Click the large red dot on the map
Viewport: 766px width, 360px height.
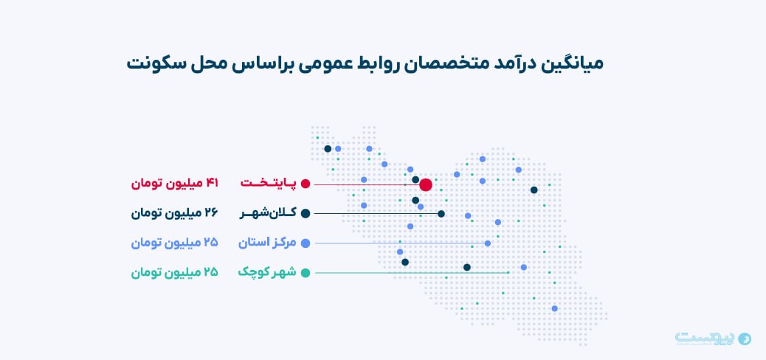pyautogui.click(x=426, y=184)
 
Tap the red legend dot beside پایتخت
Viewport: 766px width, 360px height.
pyautogui.click(x=306, y=184)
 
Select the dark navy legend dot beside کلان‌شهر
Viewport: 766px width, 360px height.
pyautogui.click(x=306, y=213)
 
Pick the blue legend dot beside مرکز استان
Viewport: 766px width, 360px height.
pyautogui.click(x=306, y=243)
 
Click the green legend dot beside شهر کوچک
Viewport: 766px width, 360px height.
pyautogui.click(x=306, y=273)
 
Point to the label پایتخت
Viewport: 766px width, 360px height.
pyautogui.click(x=268, y=183)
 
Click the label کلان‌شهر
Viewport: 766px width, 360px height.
pyautogui.click(x=268, y=213)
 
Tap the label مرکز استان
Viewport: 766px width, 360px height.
pyautogui.click(x=267, y=243)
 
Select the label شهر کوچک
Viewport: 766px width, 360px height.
pyautogui.click(x=267, y=272)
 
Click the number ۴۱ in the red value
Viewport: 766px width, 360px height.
pyautogui.click(x=212, y=184)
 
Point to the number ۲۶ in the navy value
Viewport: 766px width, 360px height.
pyautogui.click(x=212, y=213)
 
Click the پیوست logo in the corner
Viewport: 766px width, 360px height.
pyautogui.click(x=714, y=338)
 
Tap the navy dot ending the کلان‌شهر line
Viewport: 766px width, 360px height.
pyautogui.click(x=441, y=213)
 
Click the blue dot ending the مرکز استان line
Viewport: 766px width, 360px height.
pyautogui.click(x=488, y=243)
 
